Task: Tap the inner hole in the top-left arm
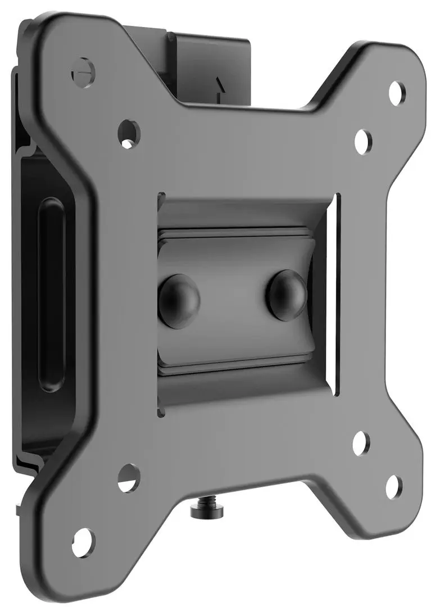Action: pyautogui.click(x=129, y=132)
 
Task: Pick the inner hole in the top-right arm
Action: pyautogui.click(x=363, y=142)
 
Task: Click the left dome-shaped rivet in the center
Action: pyautogui.click(x=179, y=296)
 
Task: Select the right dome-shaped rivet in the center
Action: pyautogui.click(x=286, y=295)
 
